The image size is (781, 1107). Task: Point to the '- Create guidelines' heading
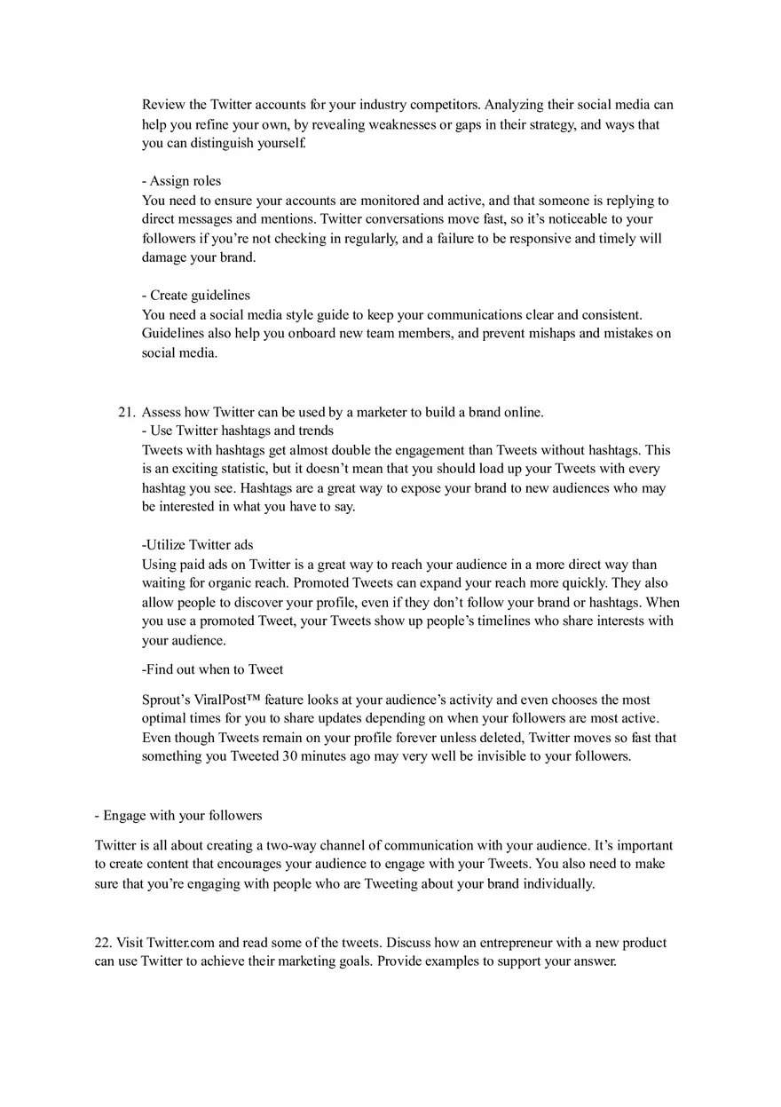196,295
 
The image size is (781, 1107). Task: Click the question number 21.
127,412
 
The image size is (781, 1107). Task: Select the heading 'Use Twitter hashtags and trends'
241,431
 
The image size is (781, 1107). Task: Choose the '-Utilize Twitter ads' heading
198,545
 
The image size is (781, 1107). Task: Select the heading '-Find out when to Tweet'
213,669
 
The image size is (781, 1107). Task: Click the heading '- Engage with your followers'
178,815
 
